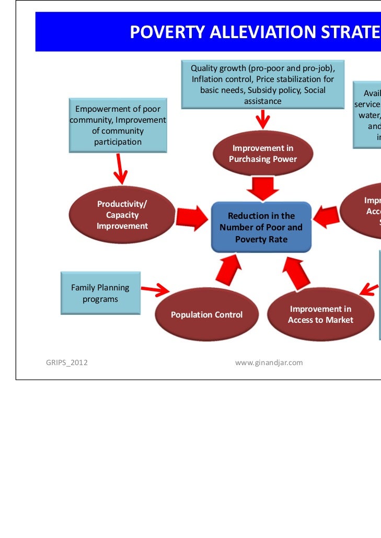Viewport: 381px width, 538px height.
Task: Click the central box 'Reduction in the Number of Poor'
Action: point(261,228)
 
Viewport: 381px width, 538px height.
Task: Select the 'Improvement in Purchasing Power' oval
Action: point(263,154)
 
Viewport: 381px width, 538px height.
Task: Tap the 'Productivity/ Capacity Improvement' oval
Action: point(122,215)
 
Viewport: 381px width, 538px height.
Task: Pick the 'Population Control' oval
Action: point(206,314)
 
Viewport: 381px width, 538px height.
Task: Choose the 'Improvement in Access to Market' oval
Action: point(320,314)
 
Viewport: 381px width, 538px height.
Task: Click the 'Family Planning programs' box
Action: point(100,293)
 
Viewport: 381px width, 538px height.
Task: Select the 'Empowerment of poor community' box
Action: point(118,125)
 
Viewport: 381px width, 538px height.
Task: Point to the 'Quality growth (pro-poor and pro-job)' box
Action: point(263,84)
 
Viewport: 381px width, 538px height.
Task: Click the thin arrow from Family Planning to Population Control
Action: point(155,288)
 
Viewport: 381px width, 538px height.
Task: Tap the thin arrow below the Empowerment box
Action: point(121,169)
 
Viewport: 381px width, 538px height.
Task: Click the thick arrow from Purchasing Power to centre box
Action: point(263,186)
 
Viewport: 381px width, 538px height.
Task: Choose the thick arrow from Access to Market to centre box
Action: point(295,272)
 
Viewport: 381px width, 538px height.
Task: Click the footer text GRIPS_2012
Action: point(66,362)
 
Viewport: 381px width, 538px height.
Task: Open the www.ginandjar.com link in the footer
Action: point(269,362)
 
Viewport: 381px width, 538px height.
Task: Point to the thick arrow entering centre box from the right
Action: point(327,216)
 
